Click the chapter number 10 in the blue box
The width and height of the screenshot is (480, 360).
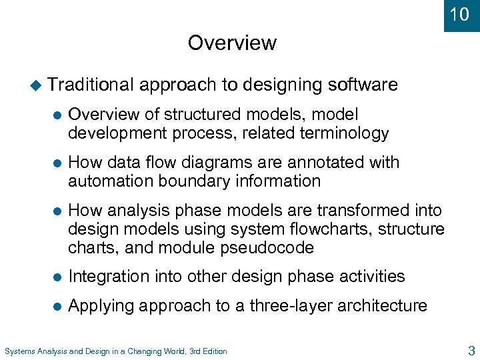coord(460,14)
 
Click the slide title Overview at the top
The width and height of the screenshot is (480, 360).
coord(232,43)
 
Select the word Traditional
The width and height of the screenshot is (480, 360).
coord(91,85)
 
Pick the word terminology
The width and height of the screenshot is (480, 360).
coord(341,133)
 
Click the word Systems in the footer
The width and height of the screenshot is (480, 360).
coord(19,351)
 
